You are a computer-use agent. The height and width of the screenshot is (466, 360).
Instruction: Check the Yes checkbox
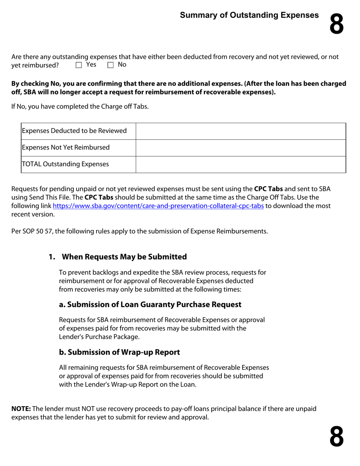[79, 65]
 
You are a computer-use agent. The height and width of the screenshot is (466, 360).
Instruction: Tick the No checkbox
[111, 65]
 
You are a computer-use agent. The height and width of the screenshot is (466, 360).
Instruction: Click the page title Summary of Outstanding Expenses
[249, 15]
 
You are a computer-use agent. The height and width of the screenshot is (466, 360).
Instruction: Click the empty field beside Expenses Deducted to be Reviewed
[241, 131]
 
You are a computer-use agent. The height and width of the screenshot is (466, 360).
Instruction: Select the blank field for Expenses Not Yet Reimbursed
[241, 148]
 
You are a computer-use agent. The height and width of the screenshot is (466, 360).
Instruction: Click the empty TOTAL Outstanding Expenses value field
[241, 164]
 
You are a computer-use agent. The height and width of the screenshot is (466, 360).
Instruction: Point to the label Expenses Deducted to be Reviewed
[74, 131]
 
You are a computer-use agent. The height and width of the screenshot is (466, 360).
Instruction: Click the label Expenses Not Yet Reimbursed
[66, 148]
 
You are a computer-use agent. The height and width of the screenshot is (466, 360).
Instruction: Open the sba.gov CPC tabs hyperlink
[158, 206]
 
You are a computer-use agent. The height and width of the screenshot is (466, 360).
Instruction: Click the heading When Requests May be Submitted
[124, 257]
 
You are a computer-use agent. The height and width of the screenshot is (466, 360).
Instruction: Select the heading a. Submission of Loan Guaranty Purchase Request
[150, 305]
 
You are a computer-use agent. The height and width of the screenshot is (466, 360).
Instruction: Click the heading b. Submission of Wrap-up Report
[119, 352]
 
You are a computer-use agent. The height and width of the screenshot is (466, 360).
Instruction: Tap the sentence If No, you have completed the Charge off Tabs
[80, 106]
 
